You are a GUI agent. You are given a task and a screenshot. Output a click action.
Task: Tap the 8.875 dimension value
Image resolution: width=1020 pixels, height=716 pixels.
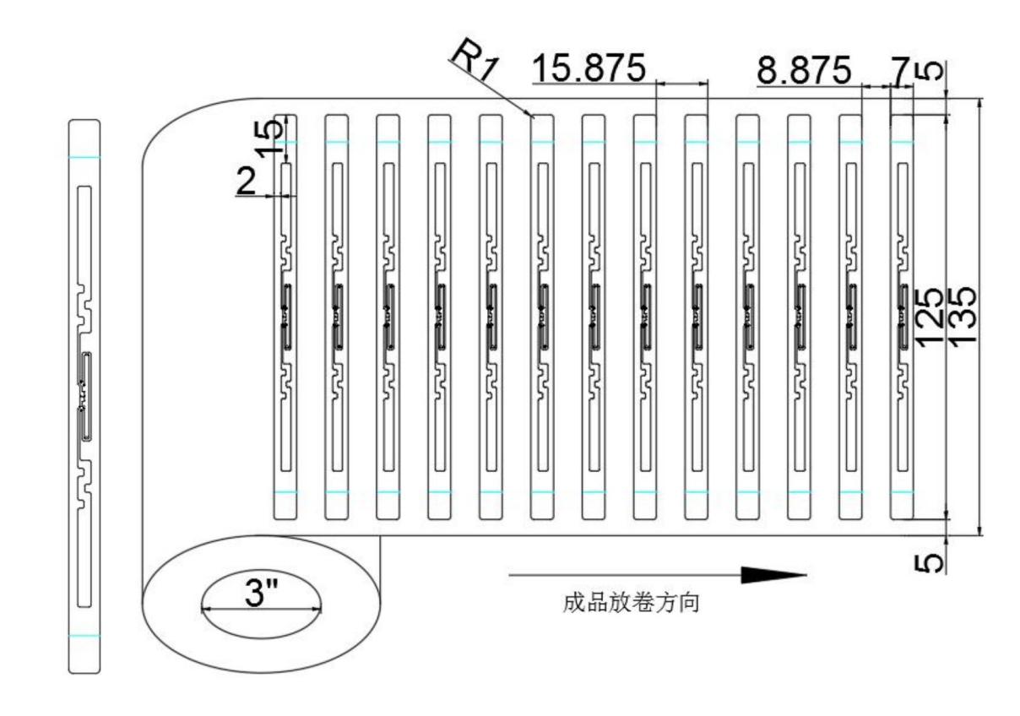[x=803, y=71]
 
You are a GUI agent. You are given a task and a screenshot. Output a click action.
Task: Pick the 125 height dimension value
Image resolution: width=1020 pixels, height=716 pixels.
[x=930, y=314]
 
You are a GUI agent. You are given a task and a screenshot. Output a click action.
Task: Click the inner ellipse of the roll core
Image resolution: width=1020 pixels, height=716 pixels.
[x=261, y=606]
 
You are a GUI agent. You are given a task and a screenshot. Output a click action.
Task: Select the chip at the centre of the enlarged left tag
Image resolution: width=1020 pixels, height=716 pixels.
[x=83, y=396]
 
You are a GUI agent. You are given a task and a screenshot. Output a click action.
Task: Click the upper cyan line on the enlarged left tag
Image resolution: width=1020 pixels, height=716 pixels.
[x=84, y=158]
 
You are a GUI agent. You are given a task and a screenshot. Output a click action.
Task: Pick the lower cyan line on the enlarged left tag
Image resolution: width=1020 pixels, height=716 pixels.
[x=84, y=635]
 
